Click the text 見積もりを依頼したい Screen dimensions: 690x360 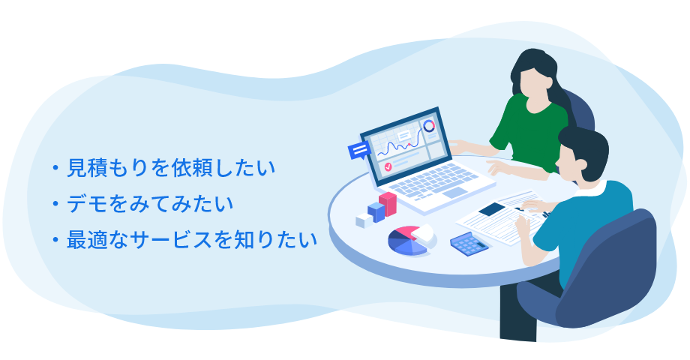pyautogui.click(x=171, y=168)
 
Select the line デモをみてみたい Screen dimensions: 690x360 pyautogui.click(x=149, y=204)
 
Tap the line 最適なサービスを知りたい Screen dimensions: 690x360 pyautogui.click(x=191, y=240)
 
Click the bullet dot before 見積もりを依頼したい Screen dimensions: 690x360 pyautogui.click(x=55, y=168)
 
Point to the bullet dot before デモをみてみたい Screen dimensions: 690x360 pyautogui.click(x=55, y=204)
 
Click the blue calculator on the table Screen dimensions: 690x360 pyautogui.click(x=469, y=244)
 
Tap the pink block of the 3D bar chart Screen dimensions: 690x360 pyautogui.click(x=388, y=204)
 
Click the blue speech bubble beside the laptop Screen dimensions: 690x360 pyautogui.click(x=359, y=151)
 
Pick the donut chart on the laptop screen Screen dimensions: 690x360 pyautogui.click(x=428, y=126)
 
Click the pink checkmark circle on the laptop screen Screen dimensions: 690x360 pyautogui.click(x=388, y=166)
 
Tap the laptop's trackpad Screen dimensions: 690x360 pyautogui.click(x=454, y=193)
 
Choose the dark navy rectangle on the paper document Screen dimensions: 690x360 pyautogui.click(x=491, y=208)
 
